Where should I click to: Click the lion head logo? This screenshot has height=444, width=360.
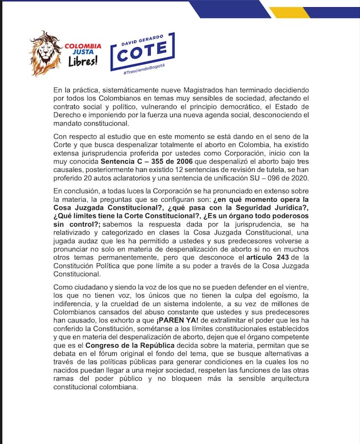tap(46, 53)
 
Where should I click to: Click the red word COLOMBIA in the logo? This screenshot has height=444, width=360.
tap(83, 45)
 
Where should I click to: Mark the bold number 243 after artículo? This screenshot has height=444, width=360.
tap(283, 257)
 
